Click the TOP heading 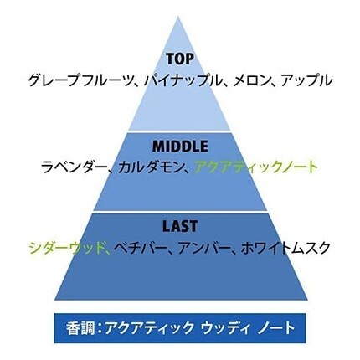click(x=180, y=59)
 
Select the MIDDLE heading click(x=180, y=146)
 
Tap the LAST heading click(x=180, y=226)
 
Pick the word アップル click(x=306, y=80)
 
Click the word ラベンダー click(x=74, y=167)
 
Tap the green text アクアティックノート click(x=256, y=167)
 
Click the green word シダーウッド click(x=65, y=248)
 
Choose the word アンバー click(x=203, y=248)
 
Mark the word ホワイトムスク click(x=285, y=248)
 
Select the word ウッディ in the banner click(x=225, y=328)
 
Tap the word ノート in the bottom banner click(x=275, y=328)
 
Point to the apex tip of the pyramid click(x=178, y=17)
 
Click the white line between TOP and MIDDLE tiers click(x=179, y=131)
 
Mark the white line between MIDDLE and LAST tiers click(x=180, y=212)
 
